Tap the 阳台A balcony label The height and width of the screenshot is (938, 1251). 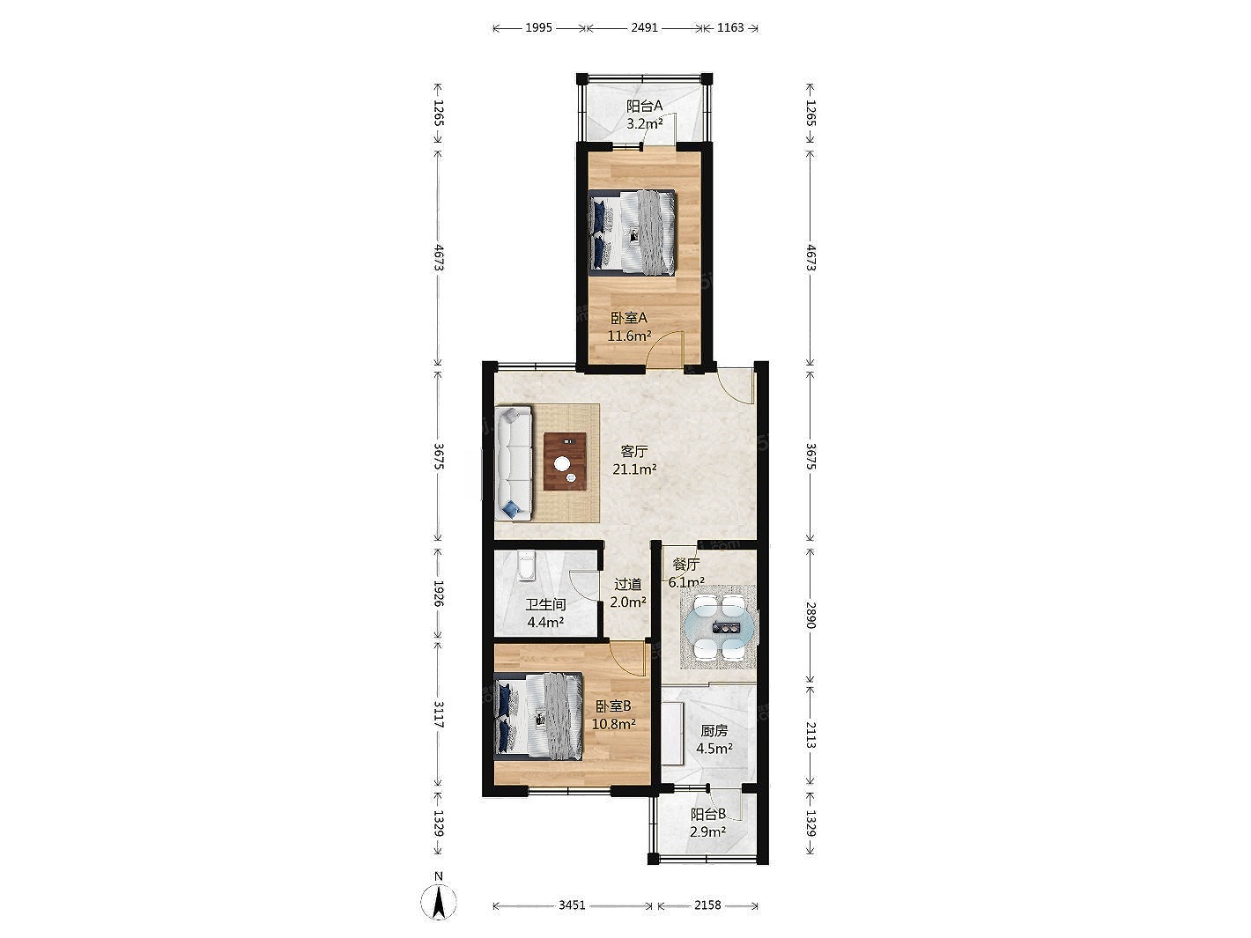(645, 106)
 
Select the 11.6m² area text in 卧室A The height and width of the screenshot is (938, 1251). (629, 336)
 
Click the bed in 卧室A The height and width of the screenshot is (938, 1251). (632, 233)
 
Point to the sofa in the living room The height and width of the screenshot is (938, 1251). (115, 462)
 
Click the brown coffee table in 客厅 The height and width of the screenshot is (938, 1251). (166, 462)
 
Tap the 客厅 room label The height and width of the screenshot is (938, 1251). (633, 452)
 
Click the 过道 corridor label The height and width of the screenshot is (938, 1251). (628, 584)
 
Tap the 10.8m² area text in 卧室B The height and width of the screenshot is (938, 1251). (613, 724)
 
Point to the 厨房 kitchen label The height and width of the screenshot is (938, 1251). (714, 730)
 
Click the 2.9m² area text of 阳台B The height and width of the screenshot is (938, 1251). (707, 831)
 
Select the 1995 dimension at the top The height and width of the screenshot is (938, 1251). (538, 27)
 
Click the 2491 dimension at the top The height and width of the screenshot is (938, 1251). (644, 27)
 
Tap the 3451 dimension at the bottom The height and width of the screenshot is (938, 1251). (572, 905)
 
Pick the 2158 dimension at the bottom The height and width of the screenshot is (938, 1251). (707, 905)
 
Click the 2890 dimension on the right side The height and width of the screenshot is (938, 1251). (811, 615)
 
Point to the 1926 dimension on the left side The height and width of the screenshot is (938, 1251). (438, 593)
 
